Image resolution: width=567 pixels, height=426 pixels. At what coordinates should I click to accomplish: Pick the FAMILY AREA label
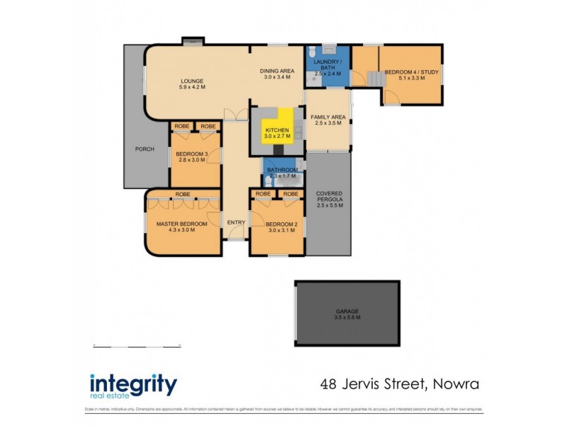327,119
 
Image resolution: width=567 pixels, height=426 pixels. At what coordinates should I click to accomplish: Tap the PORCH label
145,149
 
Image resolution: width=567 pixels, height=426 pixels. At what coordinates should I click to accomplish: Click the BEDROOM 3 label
190,157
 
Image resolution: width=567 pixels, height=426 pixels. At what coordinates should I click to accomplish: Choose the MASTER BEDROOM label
182,226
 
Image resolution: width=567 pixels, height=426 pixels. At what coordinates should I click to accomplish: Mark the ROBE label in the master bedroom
182,194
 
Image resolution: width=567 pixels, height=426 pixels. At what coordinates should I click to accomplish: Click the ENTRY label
236,222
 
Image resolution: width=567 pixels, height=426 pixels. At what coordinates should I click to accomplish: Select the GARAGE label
347,314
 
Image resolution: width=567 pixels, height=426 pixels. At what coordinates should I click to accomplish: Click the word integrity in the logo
133,385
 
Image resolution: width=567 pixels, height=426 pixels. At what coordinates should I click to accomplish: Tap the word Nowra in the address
454,384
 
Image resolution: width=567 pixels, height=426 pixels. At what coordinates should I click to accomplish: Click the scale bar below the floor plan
138,346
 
